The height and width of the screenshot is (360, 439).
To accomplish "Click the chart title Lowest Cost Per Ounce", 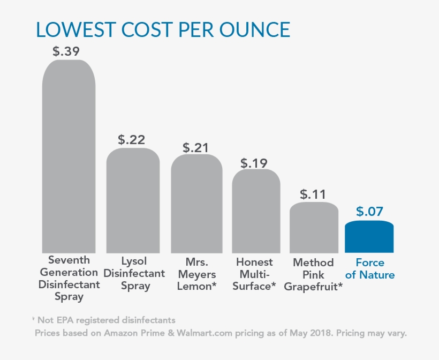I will click(163, 29).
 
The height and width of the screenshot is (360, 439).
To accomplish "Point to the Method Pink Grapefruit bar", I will click(314, 227).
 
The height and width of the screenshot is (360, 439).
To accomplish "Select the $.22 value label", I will click(131, 140).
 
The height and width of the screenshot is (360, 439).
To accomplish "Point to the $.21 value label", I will click(196, 147).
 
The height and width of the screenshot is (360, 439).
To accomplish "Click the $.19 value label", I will click(254, 162).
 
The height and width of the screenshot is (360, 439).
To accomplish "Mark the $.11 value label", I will click(313, 193).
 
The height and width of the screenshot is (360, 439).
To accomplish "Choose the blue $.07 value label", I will click(369, 211).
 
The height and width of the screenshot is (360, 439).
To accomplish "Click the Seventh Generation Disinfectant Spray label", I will click(69, 278).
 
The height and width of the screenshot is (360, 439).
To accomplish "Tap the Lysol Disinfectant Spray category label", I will click(134, 273).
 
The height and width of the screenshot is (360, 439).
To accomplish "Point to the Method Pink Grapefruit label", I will click(314, 274).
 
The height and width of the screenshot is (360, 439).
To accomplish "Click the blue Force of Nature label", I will click(370, 268).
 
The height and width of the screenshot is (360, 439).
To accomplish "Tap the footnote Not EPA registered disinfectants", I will click(104, 320).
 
